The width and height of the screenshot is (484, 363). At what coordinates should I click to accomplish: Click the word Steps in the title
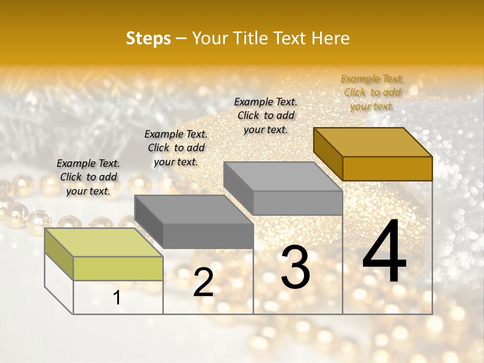click(148, 38)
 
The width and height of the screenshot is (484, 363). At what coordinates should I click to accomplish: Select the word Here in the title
click(330, 38)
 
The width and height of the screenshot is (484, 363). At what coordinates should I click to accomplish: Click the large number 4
click(384, 252)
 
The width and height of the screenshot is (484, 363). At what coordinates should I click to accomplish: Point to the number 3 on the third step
click(295, 267)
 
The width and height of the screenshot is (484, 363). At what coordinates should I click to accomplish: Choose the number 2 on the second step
click(203, 282)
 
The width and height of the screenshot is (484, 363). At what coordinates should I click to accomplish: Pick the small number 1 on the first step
click(117, 298)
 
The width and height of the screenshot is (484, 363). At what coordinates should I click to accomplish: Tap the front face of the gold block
click(387, 168)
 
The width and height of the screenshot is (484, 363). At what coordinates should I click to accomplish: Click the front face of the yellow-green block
click(118, 268)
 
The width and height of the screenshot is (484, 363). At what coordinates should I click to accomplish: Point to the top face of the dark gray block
click(194, 209)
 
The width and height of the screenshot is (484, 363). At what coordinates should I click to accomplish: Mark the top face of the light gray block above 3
click(283, 176)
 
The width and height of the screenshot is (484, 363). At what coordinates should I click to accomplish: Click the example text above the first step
click(88, 177)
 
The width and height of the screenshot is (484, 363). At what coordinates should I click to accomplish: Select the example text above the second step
click(176, 148)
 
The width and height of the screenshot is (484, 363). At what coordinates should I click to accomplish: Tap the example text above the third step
click(266, 115)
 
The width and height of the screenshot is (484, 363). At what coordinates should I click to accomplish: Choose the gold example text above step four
click(372, 92)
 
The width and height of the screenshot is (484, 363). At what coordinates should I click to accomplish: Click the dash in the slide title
click(181, 39)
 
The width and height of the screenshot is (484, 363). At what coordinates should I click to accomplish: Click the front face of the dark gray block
click(208, 236)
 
